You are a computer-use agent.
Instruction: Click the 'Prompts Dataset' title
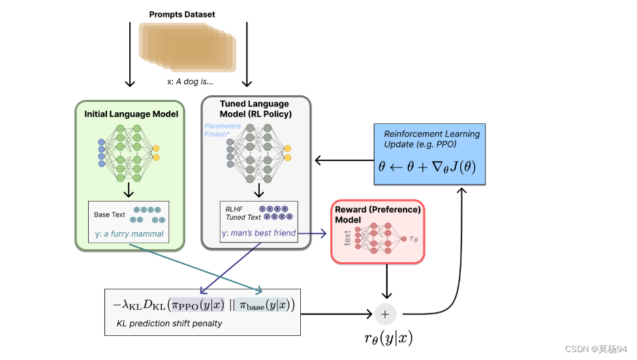pos(181,14)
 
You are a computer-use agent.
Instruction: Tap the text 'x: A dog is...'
pos(189,83)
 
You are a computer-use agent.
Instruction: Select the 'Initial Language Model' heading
pos(131,114)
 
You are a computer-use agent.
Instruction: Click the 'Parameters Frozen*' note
pos(223,130)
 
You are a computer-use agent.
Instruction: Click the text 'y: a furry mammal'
pos(129,234)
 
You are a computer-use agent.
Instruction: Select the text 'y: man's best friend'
pos(258,233)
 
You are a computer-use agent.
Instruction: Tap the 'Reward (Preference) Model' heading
pos(377,215)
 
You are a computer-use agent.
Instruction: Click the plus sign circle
pos(385,314)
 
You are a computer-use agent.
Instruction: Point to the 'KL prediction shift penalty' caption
pos(169,323)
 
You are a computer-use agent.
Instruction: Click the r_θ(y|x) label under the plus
pos(388,338)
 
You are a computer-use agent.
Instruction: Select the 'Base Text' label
pos(110,215)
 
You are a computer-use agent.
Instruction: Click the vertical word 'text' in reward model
pos(347,238)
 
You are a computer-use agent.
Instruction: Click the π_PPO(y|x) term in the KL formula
pos(198,305)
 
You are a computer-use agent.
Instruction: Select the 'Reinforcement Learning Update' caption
pos(431,138)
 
